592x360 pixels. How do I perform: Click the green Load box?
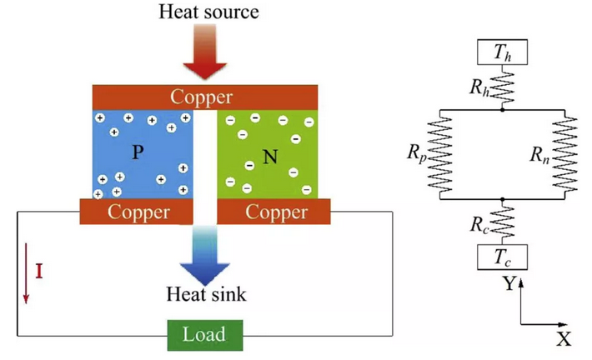[204, 334]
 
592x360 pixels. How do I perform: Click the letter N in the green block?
[269, 156]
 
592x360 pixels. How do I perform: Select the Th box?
[502, 52]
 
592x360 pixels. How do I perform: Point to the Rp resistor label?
[417, 153]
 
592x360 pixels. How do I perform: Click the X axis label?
[564, 338]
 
